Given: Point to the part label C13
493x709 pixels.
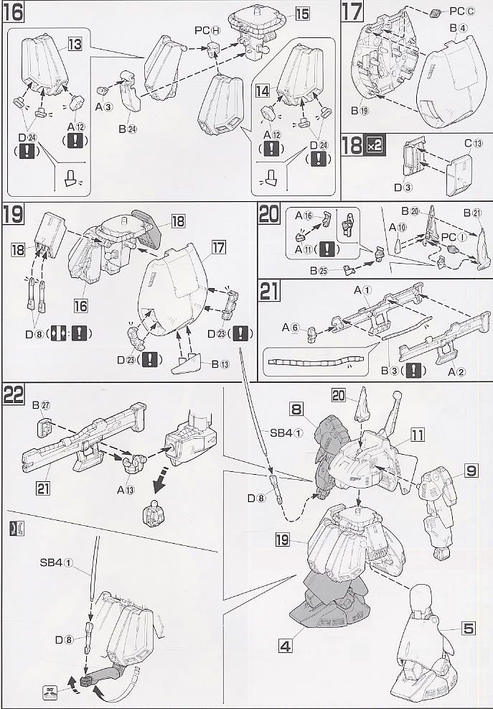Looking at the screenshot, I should point(472,143).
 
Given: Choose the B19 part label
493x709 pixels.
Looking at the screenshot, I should point(360,110).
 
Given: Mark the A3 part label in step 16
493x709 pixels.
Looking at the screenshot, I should point(105,107).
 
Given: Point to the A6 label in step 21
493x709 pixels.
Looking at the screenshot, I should point(289,327).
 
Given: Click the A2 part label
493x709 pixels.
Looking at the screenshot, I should point(457,371).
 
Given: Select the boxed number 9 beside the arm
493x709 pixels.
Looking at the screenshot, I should point(471,471).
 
